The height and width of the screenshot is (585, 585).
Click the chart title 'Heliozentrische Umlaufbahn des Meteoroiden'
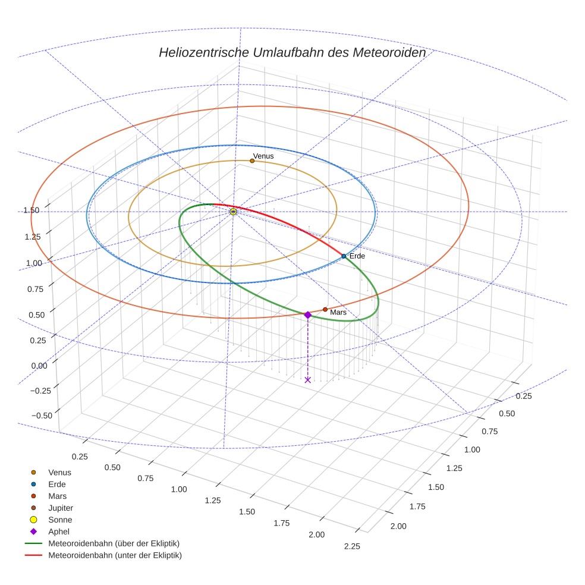pyautogui.click(x=292, y=52)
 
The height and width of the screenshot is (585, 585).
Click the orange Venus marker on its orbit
pyautogui.click(x=252, y=161)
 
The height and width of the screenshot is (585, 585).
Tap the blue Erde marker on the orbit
pyautogui.click(x=344, y=256)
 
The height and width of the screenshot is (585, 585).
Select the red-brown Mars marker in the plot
pyautogui.click(x=325, y=310)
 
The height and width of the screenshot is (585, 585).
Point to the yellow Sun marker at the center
pyautogui.click(x=234, y=212)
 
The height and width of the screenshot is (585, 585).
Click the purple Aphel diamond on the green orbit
pyautogui.click(x=307, y=315)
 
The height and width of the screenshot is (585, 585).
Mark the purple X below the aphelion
pyautogui.click(x=307, y=380)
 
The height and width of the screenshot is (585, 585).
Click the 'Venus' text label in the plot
pyautogui.click(x=263, y=156)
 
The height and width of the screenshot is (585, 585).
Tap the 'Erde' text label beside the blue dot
pyautogui.click(x=357, y=256)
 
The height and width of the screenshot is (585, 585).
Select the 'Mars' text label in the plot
pyautogui.click(x=338, y=312)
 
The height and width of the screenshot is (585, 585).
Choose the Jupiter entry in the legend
pyautogui.click(x=60, y=508)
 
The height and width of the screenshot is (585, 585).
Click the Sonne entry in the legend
pyautogui.click(x=60, y=520)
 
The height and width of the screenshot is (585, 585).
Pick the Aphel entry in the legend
pyautogui.click(x=59, y=531)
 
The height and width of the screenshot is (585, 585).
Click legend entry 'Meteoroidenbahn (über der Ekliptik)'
pyautogui.click(x=114, y=543)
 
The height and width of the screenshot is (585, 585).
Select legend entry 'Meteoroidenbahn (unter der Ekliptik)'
pyautogui.click(x=115, y=555)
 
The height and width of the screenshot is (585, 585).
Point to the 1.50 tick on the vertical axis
pyautogui.click(x=32, y=210)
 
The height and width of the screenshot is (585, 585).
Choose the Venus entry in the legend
pyautogui.click(x=59, y=472)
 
